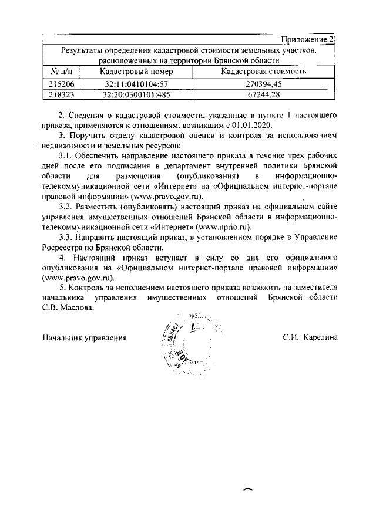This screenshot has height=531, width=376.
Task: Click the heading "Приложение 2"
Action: pos(307,39)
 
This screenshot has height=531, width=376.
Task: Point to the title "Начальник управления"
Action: pos(85,338)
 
